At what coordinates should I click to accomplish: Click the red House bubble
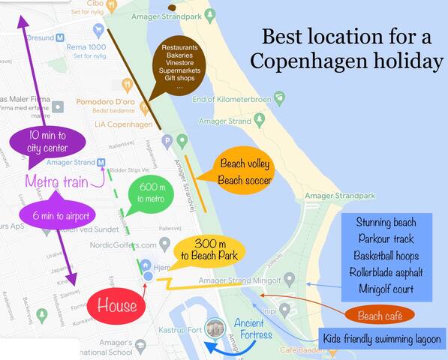(x=117, y=306)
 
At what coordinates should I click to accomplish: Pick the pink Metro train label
(x=56, y=181)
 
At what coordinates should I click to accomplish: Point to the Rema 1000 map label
(x=87, y=46)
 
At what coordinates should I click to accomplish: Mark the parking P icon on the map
(x=168, y=140)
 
